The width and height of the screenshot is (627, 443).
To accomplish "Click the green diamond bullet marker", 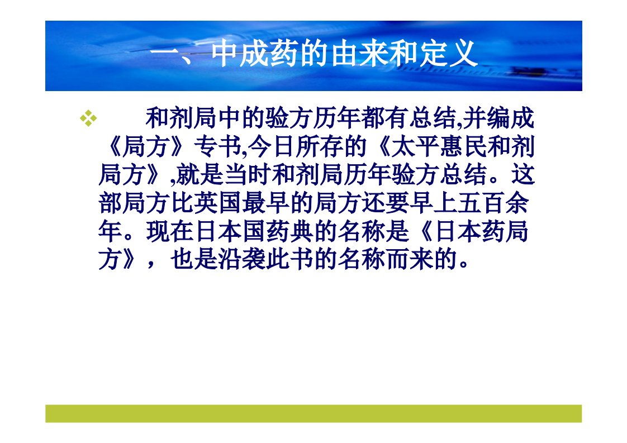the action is [88, 118].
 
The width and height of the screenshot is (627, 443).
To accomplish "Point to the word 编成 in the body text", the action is [511, 118].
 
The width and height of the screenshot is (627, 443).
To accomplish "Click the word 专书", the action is [217, 147].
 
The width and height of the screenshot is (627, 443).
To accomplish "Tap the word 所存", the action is [319, 147].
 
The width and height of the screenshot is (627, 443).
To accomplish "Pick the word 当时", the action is [248, 175].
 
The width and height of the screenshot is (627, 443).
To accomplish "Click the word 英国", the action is [218, 203].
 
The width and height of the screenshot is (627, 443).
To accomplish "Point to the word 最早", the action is [266, 203].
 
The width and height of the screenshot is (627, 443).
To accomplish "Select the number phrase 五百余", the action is [493, 203].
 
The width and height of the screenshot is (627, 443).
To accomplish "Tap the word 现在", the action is [170, 231].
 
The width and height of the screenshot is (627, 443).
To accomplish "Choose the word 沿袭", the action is [242, 259].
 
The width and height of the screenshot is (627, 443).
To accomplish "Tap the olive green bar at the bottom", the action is [313, 413].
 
